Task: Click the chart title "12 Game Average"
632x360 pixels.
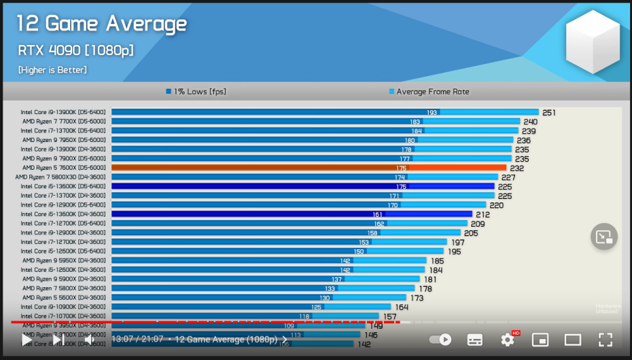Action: click(x=101, y=24)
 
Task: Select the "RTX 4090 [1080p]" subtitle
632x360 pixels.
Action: click(x=75, y=50)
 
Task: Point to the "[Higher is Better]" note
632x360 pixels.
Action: click(x=52, y=70)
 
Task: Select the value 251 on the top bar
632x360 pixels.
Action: click(x=549, y=113)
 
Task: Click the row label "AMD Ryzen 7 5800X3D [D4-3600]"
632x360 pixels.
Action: click(x=60, y=177)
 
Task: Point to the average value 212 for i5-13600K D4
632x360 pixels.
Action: click(x=482, y=214)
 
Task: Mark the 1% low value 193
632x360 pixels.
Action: click(x=432, y=113)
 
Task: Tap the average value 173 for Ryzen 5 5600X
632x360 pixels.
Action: click(x=417, y=298)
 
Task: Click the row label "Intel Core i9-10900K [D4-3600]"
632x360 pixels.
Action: click(x=63, y=306)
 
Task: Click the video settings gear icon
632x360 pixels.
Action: click(x=508, y=340)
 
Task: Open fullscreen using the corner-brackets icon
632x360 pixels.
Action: click(x=605, y=340)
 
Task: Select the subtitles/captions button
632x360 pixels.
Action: click(x=475, y=340)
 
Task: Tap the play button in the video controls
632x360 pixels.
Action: click(x=27, y=339)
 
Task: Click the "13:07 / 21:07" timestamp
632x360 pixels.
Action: click(x=137, y=339)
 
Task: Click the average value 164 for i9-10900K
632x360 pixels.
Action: click(x=401, y=307)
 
